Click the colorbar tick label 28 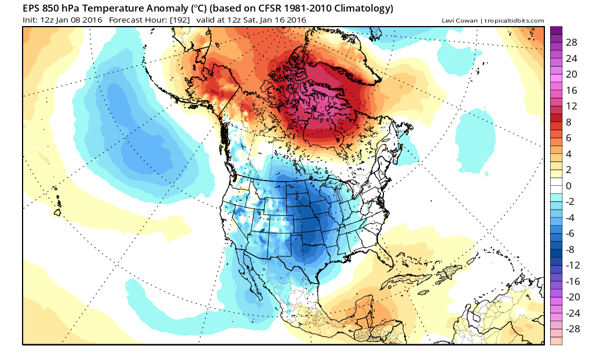click(x=572, y=43)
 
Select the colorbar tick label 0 click(x=569, y=186)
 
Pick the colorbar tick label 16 click(x=572, y=90)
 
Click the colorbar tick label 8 click(x=569, y=122)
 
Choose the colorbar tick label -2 click(x=570, y=201)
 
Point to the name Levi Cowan click(x=458, y=21)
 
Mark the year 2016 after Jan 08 click(x=93, y=21)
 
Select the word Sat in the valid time click(x=255, y=21)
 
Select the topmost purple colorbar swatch click(x=555, y=31)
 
